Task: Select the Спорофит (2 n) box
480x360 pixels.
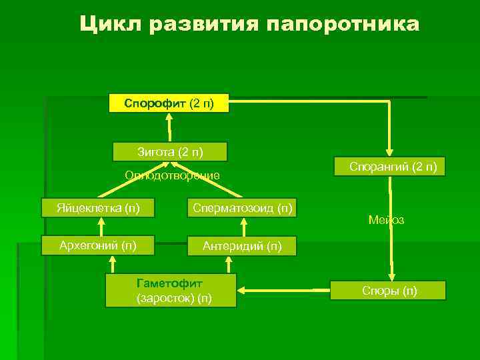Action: pos(169,103)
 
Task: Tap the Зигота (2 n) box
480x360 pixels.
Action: pos(170,152)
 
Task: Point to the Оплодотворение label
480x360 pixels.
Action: pos(173,176)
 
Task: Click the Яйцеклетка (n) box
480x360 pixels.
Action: pos(98,207)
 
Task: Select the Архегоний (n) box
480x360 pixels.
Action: pos(98,245)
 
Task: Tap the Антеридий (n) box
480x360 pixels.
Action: pos(242,246)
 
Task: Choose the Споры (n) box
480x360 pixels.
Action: pos(389,291)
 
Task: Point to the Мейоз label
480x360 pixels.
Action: pos(386,220)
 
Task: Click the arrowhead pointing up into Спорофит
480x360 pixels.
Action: pos(169,117)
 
